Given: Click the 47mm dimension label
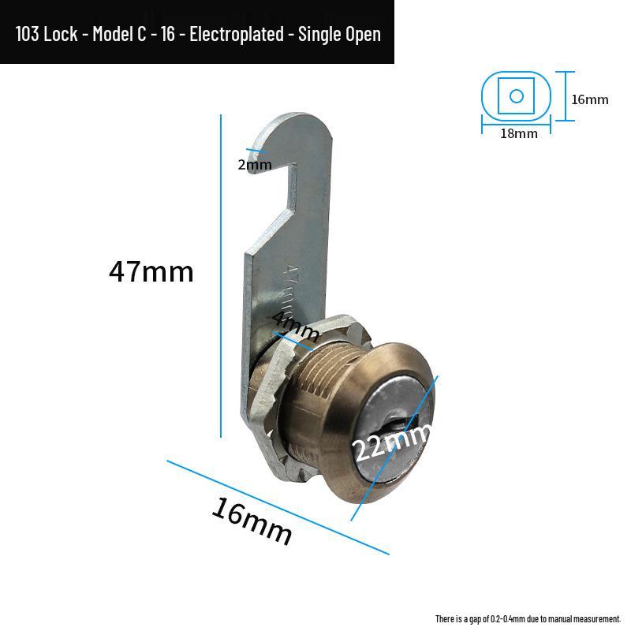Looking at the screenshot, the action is click(x=151, y=272).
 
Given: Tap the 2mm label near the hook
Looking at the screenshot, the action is click(x=255, y=165).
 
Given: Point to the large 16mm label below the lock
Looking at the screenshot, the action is click(x=252, y=521).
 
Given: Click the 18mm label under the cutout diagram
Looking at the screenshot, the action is click(x=519, y=133).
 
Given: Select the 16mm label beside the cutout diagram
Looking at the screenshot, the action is click(x=590, y=99).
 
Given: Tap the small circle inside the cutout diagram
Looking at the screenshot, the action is click(x=517, y=96).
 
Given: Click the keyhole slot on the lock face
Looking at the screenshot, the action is click(x=398, y=428).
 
